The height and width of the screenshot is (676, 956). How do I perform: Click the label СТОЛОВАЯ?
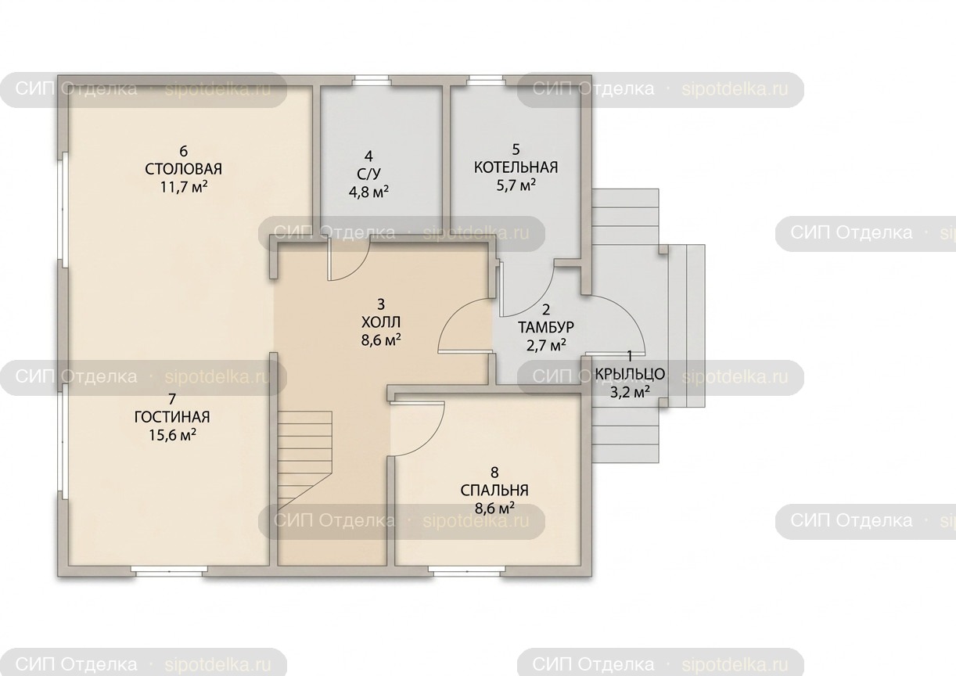[184, 169]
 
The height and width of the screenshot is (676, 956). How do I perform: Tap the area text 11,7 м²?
[184, 187]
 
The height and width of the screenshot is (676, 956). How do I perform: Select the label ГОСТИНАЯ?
[172, 417]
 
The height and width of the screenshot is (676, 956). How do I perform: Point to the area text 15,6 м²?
[172, 435]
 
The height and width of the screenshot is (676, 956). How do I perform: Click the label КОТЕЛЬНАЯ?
[516, 167]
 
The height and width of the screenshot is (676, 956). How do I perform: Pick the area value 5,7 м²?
[516, 185]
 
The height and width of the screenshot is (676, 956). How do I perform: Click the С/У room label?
[368, 174]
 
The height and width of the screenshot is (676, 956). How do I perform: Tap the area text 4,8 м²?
[368, 192]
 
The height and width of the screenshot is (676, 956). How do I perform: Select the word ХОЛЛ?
[381, 322]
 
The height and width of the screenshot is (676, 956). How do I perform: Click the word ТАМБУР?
[546, 327]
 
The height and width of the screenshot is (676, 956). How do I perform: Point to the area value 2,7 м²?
[546, 345]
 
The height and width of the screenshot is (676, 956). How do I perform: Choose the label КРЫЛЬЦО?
[630, 374]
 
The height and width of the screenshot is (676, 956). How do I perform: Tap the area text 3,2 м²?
[630, 392]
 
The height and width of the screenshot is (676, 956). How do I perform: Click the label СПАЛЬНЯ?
[494, 491]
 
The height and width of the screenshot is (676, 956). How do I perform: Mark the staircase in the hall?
[305, 461]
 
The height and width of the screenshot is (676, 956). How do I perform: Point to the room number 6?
[184, 151]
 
